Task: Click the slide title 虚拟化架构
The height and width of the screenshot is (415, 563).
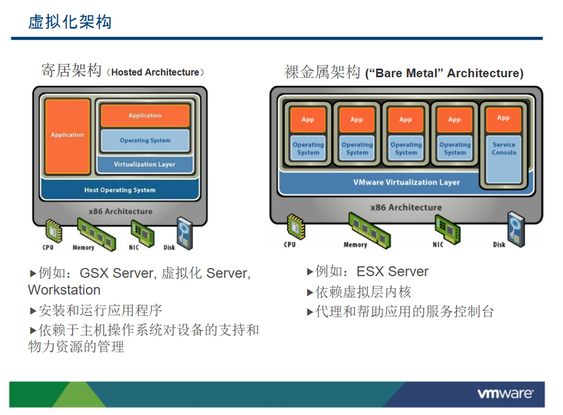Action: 70,23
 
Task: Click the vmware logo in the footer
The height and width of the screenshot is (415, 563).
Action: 505,394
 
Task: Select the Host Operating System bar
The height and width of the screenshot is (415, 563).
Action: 120,190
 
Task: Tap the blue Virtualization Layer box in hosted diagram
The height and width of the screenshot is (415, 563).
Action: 145,164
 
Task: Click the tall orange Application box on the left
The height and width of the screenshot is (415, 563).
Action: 68,136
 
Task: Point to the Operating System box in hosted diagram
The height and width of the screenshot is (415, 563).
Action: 145,141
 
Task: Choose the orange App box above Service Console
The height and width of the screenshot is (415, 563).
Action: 504,119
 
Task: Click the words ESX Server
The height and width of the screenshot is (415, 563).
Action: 392,272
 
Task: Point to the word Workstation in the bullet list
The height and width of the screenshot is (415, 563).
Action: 64,290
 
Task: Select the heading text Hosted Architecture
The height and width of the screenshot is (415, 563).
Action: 155,72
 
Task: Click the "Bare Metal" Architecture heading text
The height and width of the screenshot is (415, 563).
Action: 444,74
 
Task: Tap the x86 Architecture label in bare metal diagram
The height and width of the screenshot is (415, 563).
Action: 406,207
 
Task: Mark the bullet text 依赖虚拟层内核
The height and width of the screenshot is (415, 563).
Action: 363,292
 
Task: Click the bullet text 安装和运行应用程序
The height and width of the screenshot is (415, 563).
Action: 100,311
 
